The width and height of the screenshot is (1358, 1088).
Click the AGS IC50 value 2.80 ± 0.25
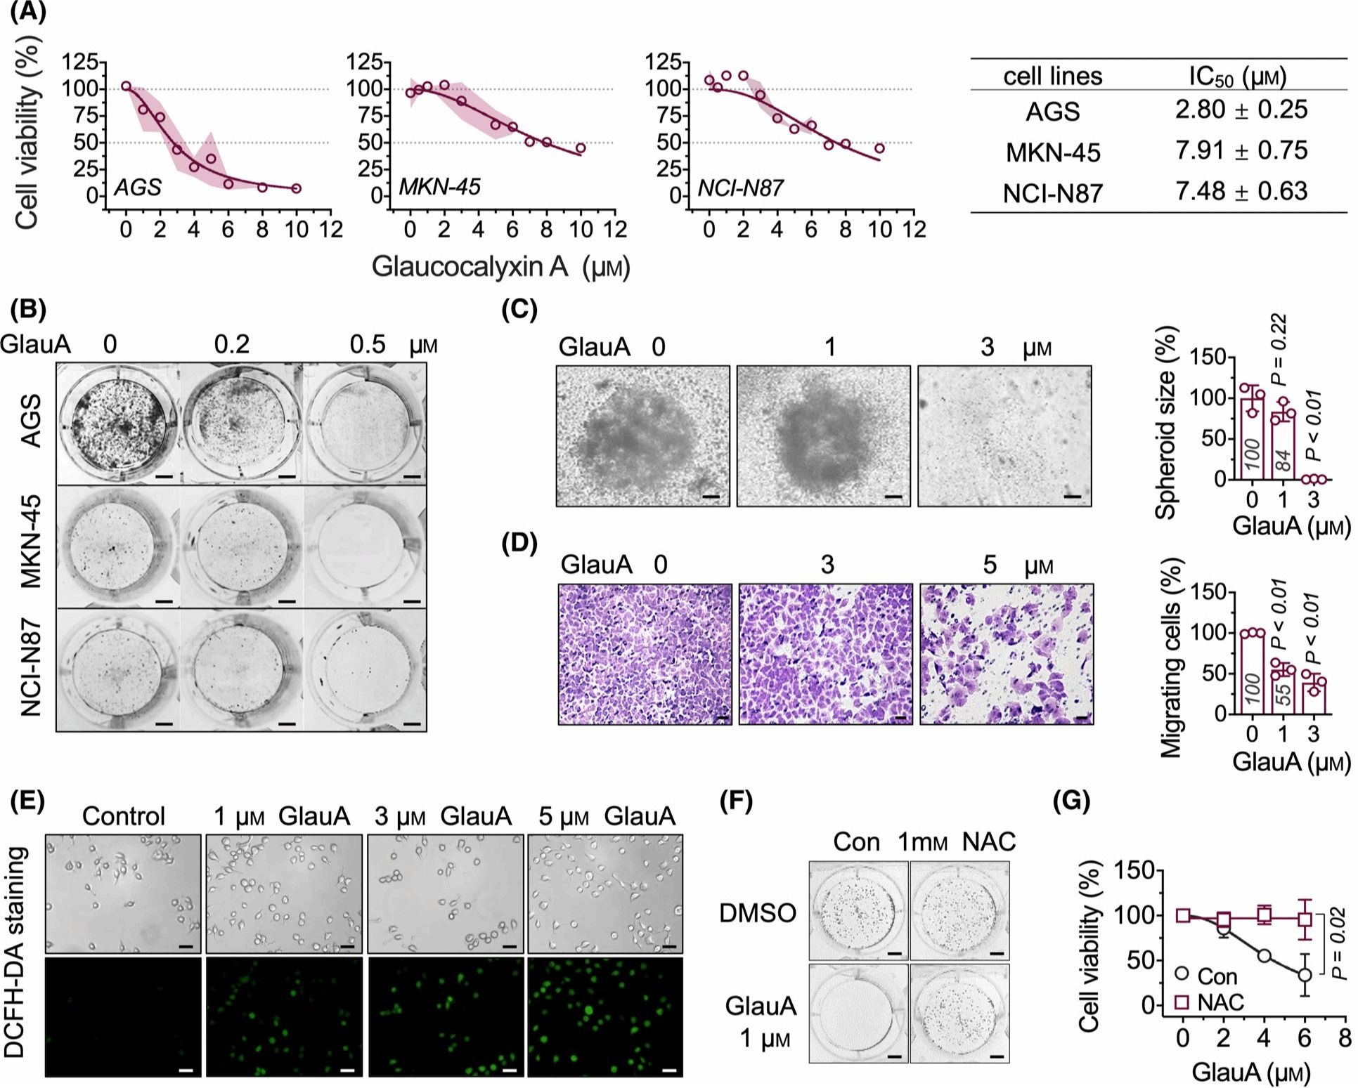click(1241, 110)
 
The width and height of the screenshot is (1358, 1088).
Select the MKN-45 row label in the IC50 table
click(1052, 152)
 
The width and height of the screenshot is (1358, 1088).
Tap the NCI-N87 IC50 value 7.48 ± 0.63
click(1241, 191)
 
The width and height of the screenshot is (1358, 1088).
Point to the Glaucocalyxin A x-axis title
click(500, 267)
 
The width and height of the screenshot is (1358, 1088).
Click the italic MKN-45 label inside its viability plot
click(440, 187)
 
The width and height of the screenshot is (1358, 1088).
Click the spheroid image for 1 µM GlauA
click(823, 435)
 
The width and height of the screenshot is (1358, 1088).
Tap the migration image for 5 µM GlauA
click(1006, 653)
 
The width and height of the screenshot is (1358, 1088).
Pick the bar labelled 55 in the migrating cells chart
click(1283, 691)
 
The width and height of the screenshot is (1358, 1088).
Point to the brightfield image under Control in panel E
click(123, 893)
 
